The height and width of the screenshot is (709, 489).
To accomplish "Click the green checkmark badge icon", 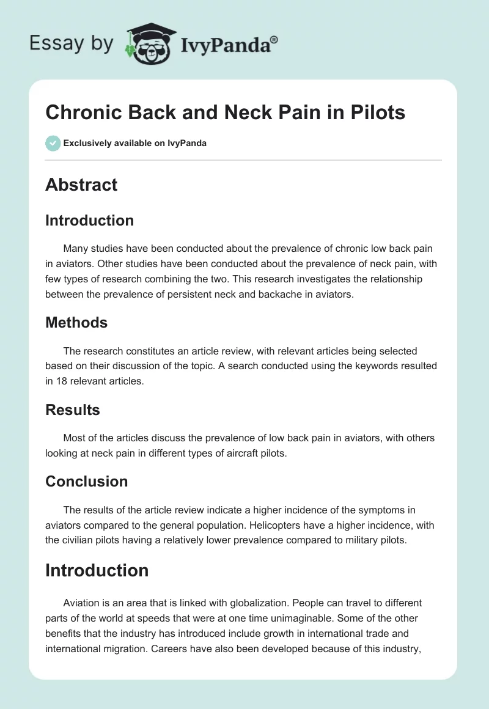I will pyautogui.click(x=53, y=143).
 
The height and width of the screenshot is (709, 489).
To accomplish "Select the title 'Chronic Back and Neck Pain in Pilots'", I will pyautogui.click(x=225, y=113).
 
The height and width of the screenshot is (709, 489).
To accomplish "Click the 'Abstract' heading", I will pyautogui.click(x=81, y=185).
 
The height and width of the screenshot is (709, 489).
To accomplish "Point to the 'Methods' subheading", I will pyautogui.click(x=76, y=322).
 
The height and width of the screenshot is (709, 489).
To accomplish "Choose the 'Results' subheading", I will pyautogui.click(x=73, y=410).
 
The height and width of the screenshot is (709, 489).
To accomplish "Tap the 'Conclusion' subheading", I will pyautogui.click(x=86, y=481).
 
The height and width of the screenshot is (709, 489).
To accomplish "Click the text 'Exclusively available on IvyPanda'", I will pyautogui.click(x=134, y=143).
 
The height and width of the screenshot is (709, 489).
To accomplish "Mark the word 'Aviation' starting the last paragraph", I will pyautogui.click(x=83, y=603).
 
